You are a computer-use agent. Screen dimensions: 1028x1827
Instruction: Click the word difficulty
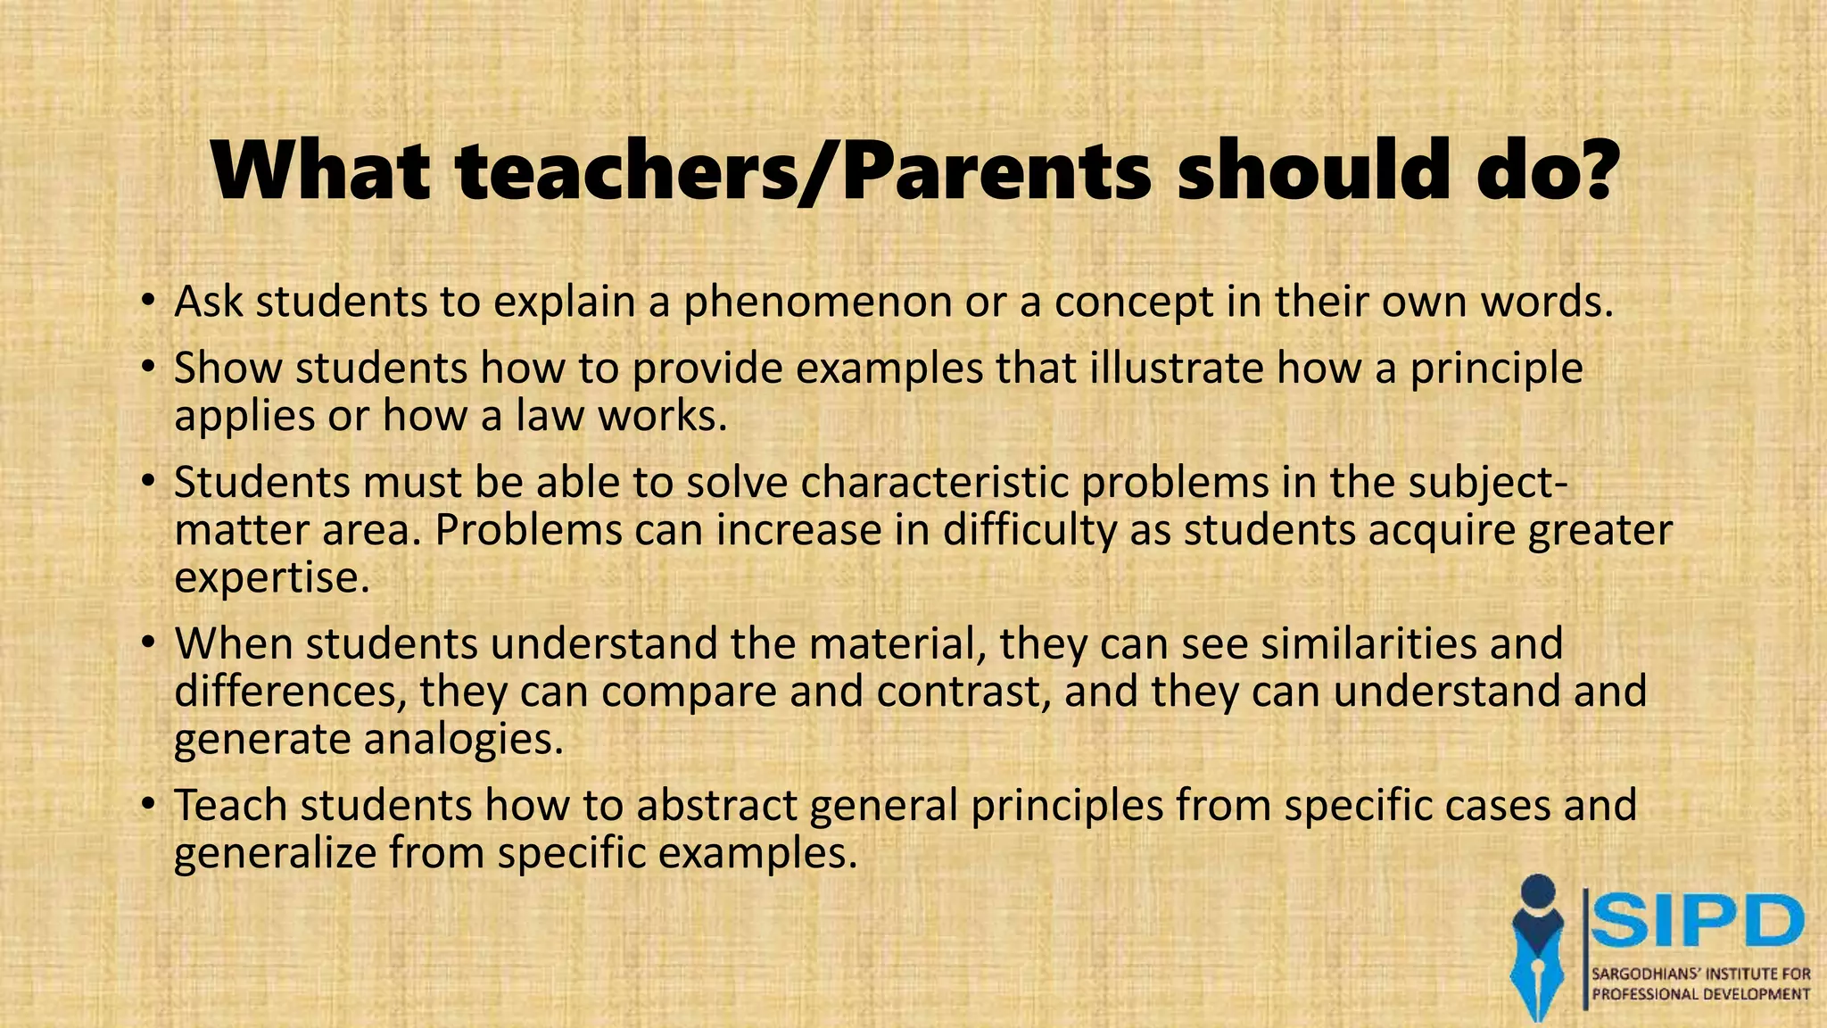pyautogui.click(x=1029, y=531)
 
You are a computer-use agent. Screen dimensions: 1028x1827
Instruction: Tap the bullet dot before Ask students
pyautogui.click(x=148, y=300)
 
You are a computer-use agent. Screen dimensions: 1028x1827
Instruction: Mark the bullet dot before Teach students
pyautogui.click(x=148, y=803)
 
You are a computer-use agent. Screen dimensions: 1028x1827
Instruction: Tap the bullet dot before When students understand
pyautogui.click(x=148, y=642)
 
